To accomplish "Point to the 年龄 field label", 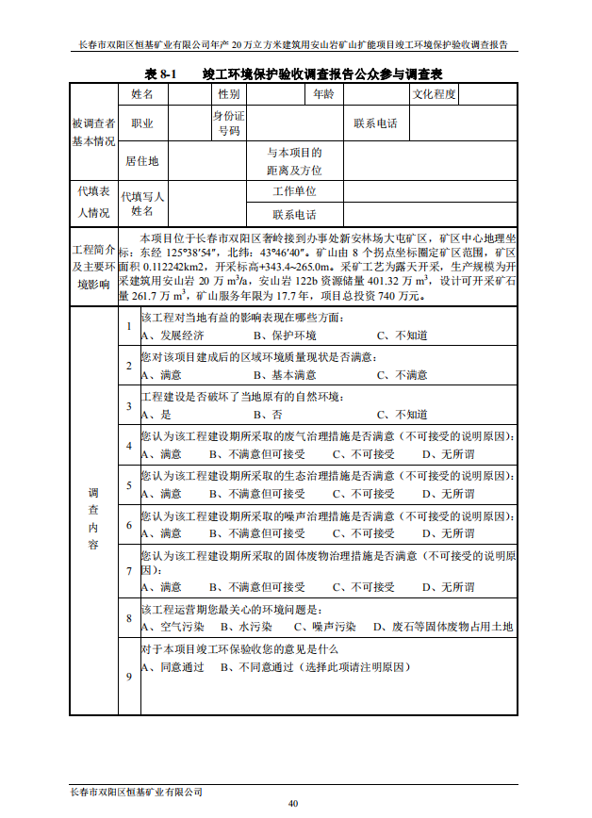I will pos(322,94).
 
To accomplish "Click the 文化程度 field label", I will pos(434,94).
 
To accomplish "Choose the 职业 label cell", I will pos(142,123).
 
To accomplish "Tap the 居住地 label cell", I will pos(142,161).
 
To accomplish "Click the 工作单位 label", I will pos(294,191).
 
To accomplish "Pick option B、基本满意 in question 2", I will pos(285,374).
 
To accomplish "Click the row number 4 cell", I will pos(128,445).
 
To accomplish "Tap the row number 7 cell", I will pos(128,571).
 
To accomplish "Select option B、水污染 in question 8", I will pos(246,626).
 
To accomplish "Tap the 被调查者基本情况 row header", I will pos(93,132).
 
